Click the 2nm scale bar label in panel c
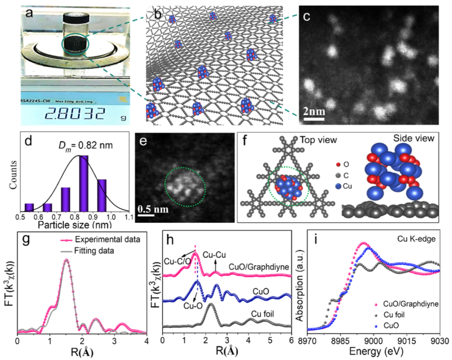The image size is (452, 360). (x=314, y=112)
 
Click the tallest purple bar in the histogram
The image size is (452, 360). (x=83, y=183)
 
